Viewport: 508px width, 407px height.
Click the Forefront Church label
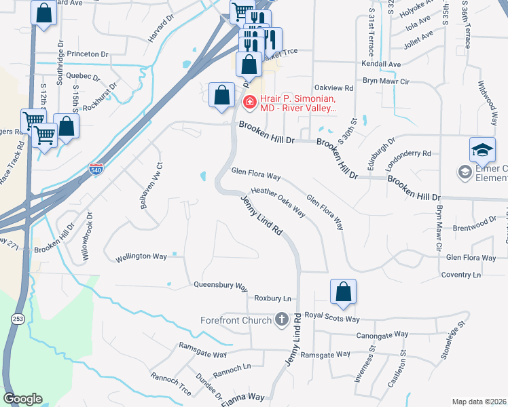[236, 320]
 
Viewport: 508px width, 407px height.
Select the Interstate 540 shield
[97, 167]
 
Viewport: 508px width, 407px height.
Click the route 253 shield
[17, 319]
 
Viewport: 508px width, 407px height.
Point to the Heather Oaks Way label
[278, 201]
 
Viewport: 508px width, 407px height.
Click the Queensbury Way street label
[220, 286]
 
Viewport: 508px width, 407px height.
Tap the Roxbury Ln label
[272, 298]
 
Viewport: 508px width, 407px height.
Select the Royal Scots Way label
[331, 317]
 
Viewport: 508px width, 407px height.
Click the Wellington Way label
[141, 257]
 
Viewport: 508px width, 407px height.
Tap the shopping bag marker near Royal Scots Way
[344, 292]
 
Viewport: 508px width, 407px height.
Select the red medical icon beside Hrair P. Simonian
[249, 102]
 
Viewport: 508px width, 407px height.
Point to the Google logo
[23, 398]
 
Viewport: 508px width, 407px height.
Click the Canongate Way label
[382, 334]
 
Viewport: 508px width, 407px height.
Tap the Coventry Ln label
[460, 275]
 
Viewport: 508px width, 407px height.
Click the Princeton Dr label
[86, 54]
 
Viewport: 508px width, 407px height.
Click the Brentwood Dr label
[475, 224]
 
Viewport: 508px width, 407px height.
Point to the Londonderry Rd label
[408, 153]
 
